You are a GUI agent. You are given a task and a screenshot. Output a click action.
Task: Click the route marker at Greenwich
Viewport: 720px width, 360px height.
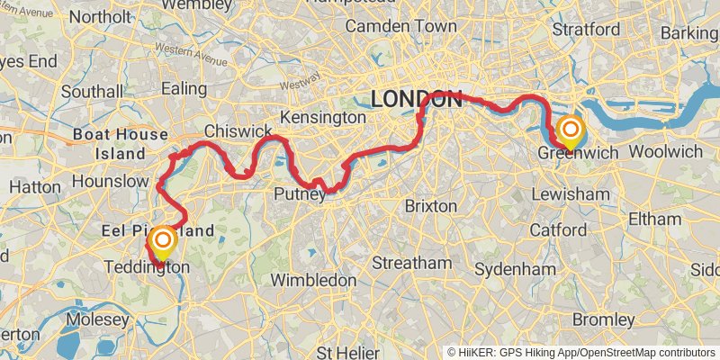click(570, 130)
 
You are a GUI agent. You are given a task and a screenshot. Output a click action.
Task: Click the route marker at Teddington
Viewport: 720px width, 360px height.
click(163, 241)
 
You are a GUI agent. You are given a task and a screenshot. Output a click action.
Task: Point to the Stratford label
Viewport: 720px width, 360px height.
click(586, 30)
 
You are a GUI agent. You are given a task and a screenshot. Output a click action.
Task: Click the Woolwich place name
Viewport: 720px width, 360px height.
click(666, 151)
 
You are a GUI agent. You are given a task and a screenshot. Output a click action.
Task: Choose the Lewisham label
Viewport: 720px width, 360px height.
click(570, 194)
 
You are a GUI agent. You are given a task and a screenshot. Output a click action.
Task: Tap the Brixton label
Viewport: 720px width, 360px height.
click(431, 206)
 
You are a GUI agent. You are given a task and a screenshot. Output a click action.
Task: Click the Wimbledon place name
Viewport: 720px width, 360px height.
click(314, 280)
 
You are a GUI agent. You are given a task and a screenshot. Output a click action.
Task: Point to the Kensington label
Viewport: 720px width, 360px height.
click(323, 118)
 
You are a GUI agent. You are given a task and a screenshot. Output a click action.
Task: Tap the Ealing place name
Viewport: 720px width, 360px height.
click(184, 88)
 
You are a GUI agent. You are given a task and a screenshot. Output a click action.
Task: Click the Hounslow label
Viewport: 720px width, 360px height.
click(109, 181)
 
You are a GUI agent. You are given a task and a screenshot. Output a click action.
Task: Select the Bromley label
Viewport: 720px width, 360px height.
click(604, 319)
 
